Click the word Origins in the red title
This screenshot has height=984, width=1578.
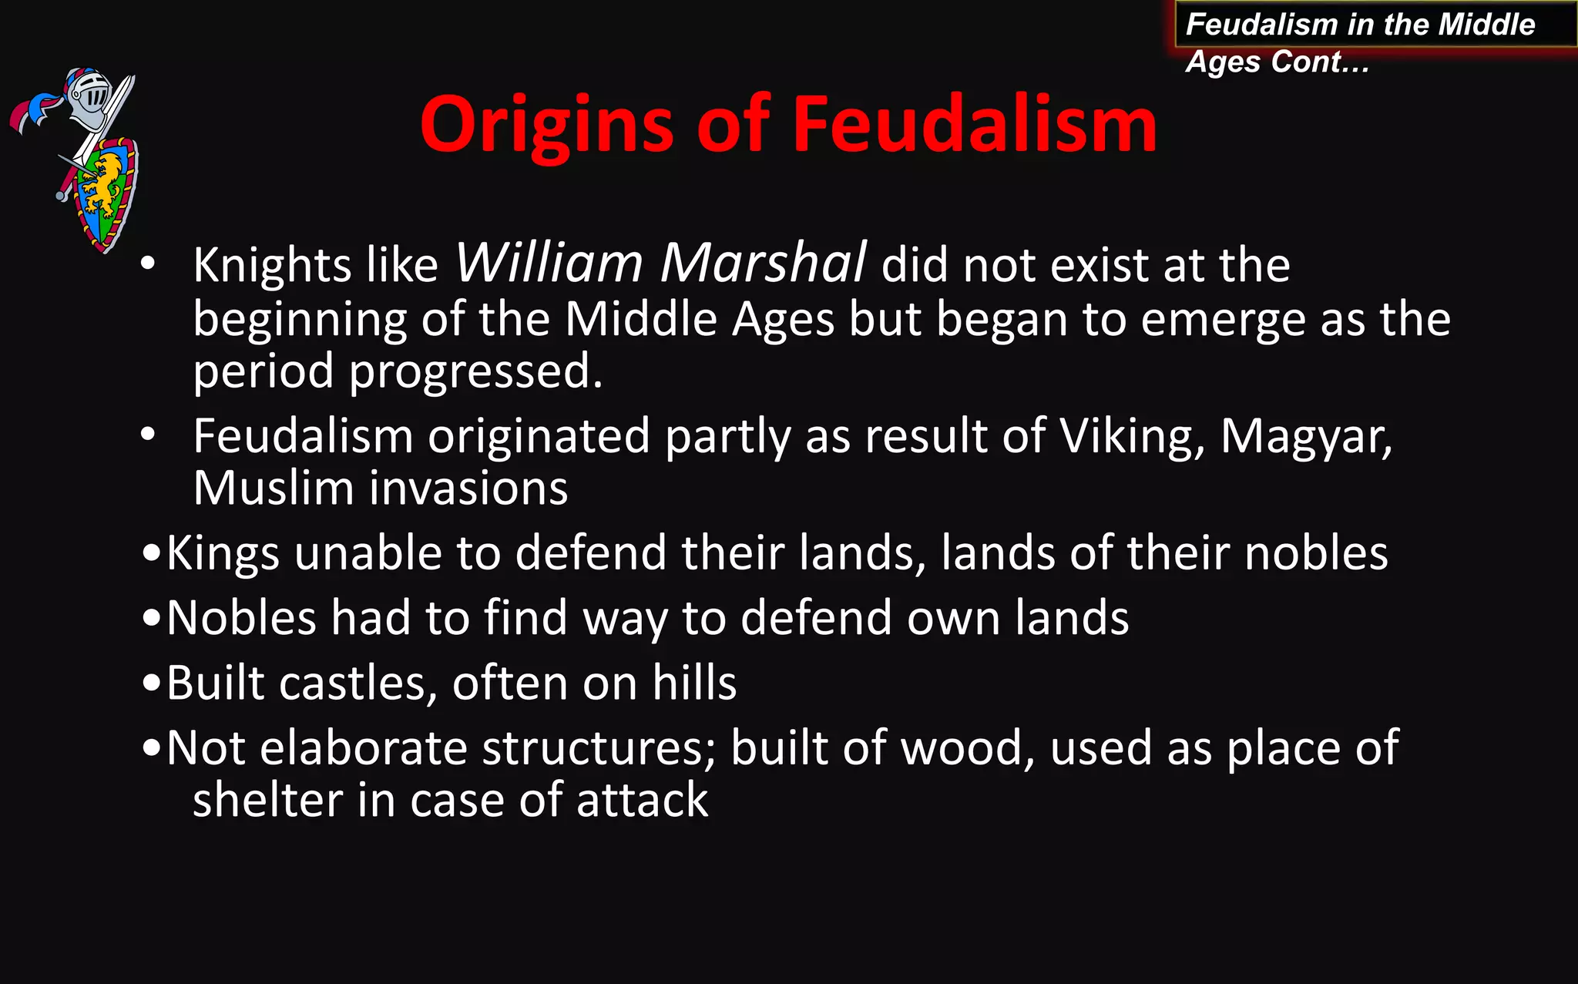click(x=547, y=125)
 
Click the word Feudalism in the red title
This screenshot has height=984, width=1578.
click(x=974, y=125)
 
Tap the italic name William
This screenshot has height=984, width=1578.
click(x=549, y=264)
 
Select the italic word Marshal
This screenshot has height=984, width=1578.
click(x=763, y=264)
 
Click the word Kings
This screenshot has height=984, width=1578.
click(x=223, y=554)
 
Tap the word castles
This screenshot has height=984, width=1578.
click(x=358, y=683)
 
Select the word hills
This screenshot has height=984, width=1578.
click(x=694, y=683)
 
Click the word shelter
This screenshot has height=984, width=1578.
click(x=267, y=800)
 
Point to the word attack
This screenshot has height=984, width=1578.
click(x=642, y=800)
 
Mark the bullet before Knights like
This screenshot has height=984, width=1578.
click(x=148, y=264)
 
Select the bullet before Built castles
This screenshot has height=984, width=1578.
click(x=152, y=683)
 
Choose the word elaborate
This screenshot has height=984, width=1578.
click(x=364, y=748)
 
